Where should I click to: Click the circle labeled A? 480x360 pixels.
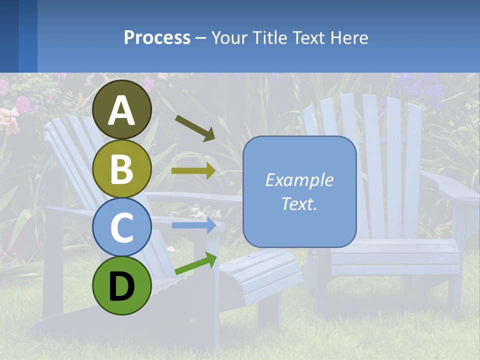122,110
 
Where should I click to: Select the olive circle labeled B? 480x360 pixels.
122,169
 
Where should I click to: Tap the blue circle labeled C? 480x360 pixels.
122,227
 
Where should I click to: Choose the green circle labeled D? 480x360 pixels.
122,285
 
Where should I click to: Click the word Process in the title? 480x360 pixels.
157,37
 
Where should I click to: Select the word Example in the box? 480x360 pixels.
299,180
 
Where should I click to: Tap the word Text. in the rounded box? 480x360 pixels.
299,203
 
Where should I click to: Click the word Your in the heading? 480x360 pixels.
229,37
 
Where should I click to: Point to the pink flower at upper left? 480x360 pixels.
22,103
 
